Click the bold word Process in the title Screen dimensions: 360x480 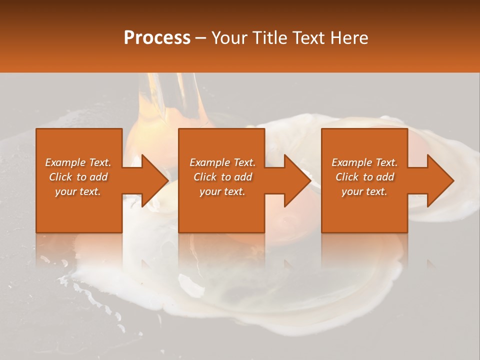(x=157, y=37)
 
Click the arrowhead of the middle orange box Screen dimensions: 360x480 (x=297, y=180)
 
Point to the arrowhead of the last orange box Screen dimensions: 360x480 (x=440, y=180)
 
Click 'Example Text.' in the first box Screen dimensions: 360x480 (x=78, y=162)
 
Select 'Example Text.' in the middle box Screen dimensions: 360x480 (x=222, y=162)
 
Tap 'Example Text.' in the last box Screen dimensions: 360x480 (x=364, y=162)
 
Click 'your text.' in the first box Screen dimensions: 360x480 (x=78, y=191)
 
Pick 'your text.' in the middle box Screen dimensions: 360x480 (x=222, y=191)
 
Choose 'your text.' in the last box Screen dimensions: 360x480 (x=364, y=191)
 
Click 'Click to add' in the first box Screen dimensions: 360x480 (x=78, y=177)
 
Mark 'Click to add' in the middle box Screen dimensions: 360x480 (x=222, y=177)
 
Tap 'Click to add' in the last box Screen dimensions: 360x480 (x=364, y=177)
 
